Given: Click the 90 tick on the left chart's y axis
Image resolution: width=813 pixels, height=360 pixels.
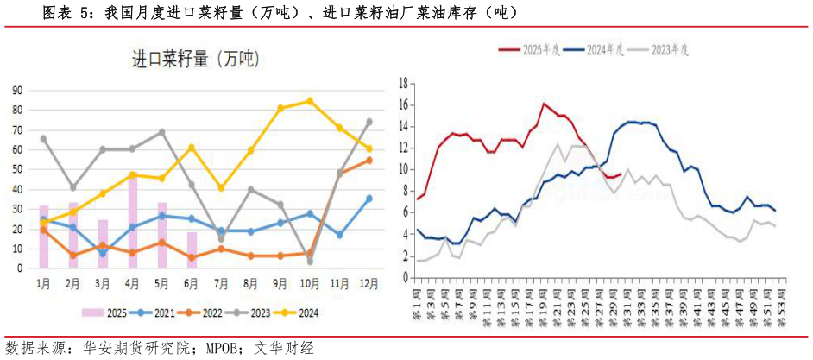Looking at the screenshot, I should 16,90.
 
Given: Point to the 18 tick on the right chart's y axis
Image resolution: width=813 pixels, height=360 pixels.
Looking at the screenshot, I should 402,83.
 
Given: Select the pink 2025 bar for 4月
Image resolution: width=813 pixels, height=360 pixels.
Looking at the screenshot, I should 133,221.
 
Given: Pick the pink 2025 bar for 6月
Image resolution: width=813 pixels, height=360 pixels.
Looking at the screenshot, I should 192,249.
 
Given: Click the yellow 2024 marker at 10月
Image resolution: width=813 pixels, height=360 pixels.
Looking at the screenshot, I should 310,101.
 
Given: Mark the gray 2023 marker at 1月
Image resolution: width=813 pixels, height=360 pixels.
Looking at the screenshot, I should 44,138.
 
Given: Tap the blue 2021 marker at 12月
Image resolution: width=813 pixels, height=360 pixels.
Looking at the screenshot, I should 369,199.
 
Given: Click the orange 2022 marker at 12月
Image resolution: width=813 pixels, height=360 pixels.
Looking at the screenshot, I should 369,160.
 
